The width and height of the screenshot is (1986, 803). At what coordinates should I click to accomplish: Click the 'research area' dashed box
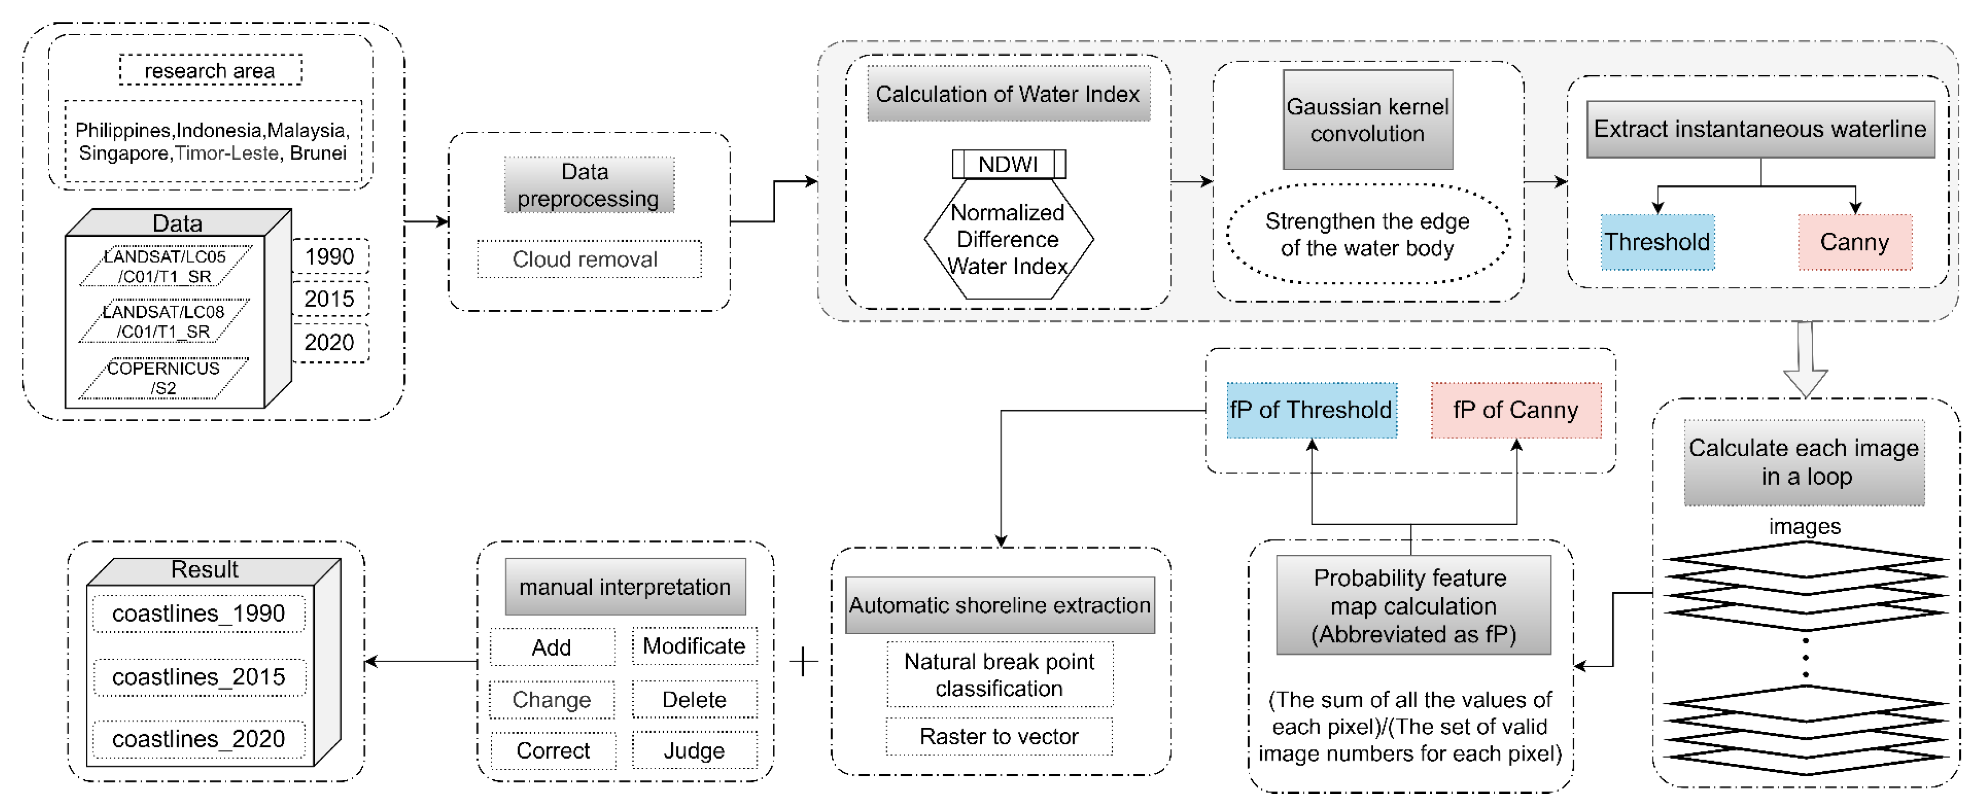click(210, 70)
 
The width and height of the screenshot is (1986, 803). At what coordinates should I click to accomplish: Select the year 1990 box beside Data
click(330, 256)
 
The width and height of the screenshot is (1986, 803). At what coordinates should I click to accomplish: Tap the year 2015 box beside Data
click(330, 299)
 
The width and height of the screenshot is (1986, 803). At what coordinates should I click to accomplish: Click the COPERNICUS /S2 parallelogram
click(163, 378)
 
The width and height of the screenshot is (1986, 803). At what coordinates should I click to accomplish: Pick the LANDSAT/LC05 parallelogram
click(165, 266)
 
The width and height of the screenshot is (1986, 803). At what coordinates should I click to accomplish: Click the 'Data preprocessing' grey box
click(588, 185)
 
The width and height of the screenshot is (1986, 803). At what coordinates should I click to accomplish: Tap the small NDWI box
click(1008, 164)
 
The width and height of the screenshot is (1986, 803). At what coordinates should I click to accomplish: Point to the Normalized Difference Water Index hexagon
click(1008, 240)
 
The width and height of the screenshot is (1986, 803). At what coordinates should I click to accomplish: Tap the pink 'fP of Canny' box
click(1515, 410)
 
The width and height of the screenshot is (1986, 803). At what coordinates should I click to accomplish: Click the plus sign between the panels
click(803, 661)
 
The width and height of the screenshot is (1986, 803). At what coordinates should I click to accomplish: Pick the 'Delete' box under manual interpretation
click(694, 700)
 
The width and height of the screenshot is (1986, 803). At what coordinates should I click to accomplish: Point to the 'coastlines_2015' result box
click(199, 677)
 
